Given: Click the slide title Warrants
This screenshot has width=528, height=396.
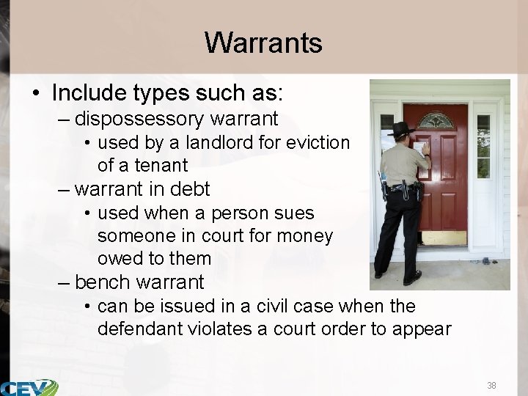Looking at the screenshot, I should coord(263,43).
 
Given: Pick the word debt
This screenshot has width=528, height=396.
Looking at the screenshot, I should coord(189,189).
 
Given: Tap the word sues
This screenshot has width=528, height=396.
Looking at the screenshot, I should coord(296,213).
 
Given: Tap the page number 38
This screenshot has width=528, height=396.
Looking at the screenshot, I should coord(491,385).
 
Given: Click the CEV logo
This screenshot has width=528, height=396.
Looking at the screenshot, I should coord(29,387).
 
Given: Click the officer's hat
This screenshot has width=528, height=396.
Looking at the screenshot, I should coord(402,130).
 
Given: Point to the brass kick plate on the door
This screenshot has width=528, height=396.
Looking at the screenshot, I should coord(445,238).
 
